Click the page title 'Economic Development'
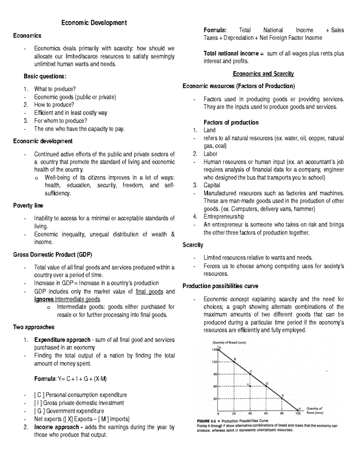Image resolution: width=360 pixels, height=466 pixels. click(x=94, y=23)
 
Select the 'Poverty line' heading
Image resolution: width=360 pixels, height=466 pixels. click(x=28, y=206)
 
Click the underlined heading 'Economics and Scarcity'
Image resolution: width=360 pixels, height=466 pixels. click(x=263, y=74)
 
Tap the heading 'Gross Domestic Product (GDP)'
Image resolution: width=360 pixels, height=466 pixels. click(x=53, y=255)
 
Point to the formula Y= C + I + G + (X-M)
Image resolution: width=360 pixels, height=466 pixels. click(x=70, y=379)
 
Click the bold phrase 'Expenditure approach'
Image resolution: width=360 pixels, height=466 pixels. click(x=62, y=340)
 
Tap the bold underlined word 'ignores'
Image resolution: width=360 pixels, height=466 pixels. click(x=44, y=299)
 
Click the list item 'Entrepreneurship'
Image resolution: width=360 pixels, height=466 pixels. click(x=224, y=217)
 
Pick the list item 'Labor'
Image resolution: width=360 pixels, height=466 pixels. click(x=210, y=154)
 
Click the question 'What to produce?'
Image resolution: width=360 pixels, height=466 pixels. click(x=55, y=89)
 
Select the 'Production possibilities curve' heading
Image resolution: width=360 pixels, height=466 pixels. click(x=220, y=286)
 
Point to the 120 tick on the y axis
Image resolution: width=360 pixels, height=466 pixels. click(x=214, y=362)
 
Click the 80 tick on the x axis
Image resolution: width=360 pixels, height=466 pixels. click(x=282, y=413)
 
